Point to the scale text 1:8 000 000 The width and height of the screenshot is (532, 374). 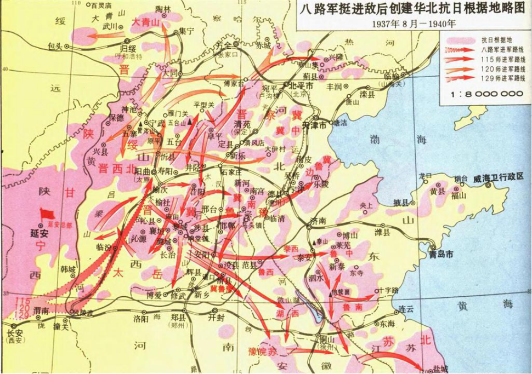coord(486,94)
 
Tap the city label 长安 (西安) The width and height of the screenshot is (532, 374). coord(14,333)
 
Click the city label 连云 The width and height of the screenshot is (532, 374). coord(405,310)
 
